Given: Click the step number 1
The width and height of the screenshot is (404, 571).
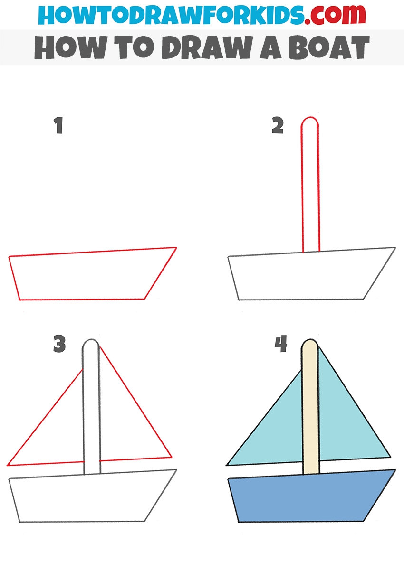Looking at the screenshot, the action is click(x=59, y=125).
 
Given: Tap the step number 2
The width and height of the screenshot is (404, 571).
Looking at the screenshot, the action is click(x=278, y=125).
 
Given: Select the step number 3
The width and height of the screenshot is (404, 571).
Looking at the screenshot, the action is click(x=59, y=344).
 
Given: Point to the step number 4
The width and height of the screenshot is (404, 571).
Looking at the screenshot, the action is click(x=281, y=344).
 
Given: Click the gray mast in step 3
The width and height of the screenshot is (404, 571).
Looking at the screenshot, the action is click(x=83, y=408).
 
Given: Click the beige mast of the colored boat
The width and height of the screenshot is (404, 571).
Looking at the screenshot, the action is click(x=310, y=408).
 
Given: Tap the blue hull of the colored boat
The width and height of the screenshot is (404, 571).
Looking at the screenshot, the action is click(x=311, y=496).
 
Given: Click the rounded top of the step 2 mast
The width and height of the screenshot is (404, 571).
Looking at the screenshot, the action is click(x=310, y=117).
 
